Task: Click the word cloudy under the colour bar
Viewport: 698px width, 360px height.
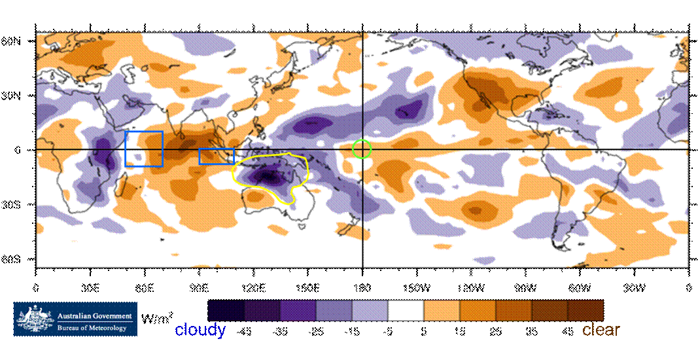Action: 200,329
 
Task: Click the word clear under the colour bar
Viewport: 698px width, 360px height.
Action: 601,329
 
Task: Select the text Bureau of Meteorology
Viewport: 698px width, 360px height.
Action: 92,328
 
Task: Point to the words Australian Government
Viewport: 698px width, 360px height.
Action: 94,316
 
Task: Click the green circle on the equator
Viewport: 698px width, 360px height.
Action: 362,149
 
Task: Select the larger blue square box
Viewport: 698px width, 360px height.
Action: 144,149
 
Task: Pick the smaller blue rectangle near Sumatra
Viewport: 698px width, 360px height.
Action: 217,156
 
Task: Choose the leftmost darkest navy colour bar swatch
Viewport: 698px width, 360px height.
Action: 226,310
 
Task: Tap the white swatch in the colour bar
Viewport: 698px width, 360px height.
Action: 406,310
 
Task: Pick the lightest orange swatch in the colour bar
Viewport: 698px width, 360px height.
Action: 442,310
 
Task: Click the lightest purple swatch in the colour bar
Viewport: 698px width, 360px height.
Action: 370,310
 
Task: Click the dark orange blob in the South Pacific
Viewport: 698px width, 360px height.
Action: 475,209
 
